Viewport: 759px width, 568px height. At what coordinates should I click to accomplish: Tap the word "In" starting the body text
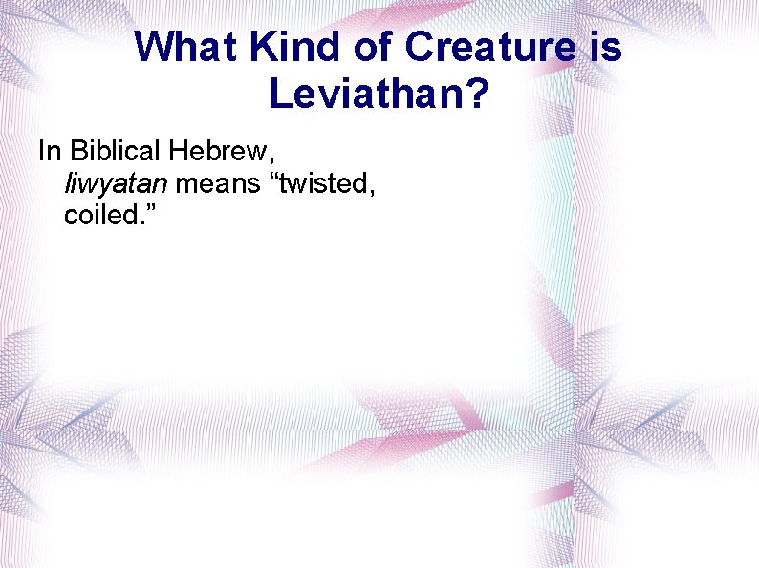pyautogui.click(x=48, y=151)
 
